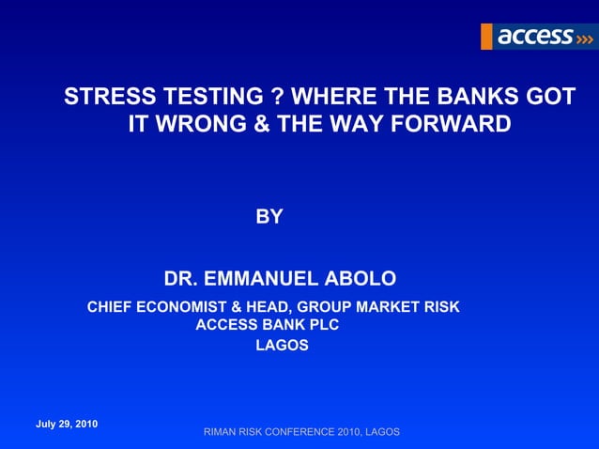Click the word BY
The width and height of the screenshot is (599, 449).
coord(269,217)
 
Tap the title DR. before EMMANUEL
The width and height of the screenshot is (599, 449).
coord(182,279)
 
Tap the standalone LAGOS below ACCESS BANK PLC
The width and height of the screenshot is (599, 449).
coord(282,345)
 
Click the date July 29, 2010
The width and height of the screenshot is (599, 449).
coord(67,424)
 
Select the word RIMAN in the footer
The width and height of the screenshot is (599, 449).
coord(224,432)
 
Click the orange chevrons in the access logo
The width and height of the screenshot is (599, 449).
coord(584,38)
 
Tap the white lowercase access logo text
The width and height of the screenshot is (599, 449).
coord(535,37)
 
